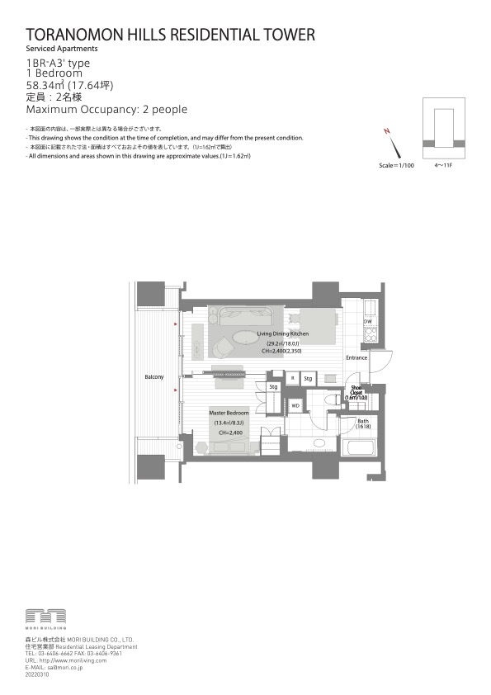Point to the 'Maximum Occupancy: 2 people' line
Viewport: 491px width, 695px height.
[x=106, y=109]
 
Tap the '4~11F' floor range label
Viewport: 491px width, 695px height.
[x=444, y=165]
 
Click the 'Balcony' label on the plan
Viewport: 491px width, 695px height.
[x=153, y=377]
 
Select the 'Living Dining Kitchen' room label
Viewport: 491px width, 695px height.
[x=282, y=333]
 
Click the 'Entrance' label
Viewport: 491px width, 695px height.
[x=356, y=357]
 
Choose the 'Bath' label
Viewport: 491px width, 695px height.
[x=363, y=422]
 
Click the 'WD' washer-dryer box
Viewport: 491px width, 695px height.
[x=295, y=405]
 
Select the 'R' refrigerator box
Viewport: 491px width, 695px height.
[x=292, y=378]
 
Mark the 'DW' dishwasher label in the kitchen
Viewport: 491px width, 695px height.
[x=367, y=321]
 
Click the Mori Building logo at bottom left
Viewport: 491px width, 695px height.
[x=45, y=618]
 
